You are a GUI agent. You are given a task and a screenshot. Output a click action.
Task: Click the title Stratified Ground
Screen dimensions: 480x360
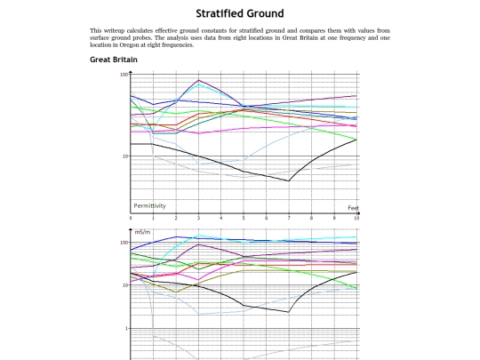(240, 13)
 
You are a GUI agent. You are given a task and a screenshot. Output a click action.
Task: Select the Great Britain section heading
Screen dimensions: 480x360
(114, 60)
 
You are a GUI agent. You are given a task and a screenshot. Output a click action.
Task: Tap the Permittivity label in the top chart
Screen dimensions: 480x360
(149, 205)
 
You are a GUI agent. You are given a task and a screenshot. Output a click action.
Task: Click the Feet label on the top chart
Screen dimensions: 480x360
(353, 208)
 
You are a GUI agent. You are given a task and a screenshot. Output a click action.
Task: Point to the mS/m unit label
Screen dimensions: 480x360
(142, 232)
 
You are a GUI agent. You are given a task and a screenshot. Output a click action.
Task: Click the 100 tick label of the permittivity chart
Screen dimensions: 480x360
(124, 75)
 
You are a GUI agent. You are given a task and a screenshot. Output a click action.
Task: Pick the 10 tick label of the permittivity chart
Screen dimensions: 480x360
(125, 156)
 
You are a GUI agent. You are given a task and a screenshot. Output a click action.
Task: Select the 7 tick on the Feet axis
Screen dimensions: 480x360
(289, 218)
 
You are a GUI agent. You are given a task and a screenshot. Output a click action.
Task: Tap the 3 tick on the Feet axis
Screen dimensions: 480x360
(199, 218)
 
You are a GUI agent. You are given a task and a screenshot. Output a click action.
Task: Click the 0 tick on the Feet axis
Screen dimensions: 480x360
(131, 218)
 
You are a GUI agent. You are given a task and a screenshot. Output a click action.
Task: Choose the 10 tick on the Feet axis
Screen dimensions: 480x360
(356, 218)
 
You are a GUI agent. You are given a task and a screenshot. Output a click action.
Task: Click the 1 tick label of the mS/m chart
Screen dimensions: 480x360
(126, 329)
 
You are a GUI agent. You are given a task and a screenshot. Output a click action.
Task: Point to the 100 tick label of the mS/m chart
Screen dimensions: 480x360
(124, 243)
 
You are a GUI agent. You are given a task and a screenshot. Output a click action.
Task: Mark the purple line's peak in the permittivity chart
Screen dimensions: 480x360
(199, 80)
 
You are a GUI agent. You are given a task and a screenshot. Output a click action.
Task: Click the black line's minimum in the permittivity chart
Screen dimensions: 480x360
(288, 181)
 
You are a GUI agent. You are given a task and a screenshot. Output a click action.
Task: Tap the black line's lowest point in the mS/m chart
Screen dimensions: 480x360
(288, 312)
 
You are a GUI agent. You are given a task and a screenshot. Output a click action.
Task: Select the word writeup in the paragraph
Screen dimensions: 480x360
(114, 30)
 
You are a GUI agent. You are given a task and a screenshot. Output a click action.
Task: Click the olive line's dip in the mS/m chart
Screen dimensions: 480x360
(176, 292)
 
